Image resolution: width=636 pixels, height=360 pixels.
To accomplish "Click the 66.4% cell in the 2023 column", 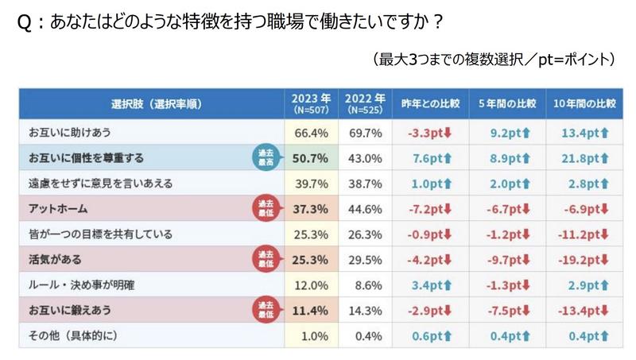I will point(311,132).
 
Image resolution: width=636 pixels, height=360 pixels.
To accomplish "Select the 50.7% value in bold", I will point(311,157).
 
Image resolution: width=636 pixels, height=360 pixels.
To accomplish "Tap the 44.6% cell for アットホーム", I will point(364,209).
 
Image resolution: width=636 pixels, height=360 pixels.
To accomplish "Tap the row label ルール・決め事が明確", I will point(81,285).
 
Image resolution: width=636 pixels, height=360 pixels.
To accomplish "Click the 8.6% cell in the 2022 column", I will point(364,285).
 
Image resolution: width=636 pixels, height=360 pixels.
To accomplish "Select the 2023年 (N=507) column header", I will point(311,105).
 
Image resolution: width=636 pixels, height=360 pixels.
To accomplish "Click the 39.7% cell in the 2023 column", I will point(311,184).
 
